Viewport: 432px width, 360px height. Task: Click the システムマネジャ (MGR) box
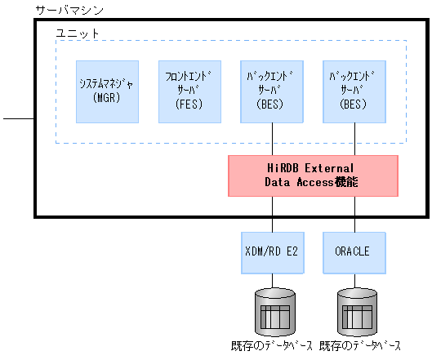tap(107, 91)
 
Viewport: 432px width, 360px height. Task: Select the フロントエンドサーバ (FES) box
tap(189, 91)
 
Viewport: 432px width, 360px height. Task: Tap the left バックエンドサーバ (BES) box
tap(273, 91)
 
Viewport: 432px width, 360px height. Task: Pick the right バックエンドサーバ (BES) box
tap(354, 91)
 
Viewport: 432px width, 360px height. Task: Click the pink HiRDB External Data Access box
tap(314, 176)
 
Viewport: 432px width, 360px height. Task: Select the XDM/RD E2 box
tap(273, 251)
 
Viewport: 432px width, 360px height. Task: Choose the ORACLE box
tap(354, 251)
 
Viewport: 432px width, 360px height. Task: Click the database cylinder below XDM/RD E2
tap(273, 310)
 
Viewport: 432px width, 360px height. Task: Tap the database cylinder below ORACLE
tap(354, 310)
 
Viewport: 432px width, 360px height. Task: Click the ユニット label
tap(77, 33)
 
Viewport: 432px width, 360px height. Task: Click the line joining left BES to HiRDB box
tap(273, 139)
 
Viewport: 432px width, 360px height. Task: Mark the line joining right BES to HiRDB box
tap(354, 139)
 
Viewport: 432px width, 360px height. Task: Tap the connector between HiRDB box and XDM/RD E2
tap(273, 214)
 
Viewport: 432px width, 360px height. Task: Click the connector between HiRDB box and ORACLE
tap(354, 214)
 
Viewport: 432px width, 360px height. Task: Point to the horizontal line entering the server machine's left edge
tap(18, 119)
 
